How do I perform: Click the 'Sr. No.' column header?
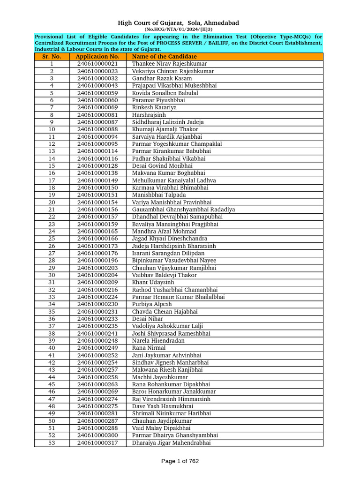click(52, 57)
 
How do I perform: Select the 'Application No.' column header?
click(97, 57)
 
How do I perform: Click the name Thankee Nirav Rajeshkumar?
click(169, 64)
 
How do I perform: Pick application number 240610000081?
click(97, 115)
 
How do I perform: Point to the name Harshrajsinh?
click(149, 115)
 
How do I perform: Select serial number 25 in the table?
click(52, 239)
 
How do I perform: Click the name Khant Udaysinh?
click(153, 283)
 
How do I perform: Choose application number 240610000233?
click(97, 319)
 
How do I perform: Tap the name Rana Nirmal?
click(149, 348)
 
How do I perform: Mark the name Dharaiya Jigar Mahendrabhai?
click(171, 443)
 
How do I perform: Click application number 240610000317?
click(97, 443)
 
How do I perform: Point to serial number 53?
click(52, 443)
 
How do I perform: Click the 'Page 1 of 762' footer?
click(180, 461)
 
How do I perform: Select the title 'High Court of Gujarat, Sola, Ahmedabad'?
click(178, 23)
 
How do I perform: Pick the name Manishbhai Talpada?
click(159, 195)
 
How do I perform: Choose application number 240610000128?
click(97, 166)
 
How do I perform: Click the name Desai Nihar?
click(147, 319)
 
